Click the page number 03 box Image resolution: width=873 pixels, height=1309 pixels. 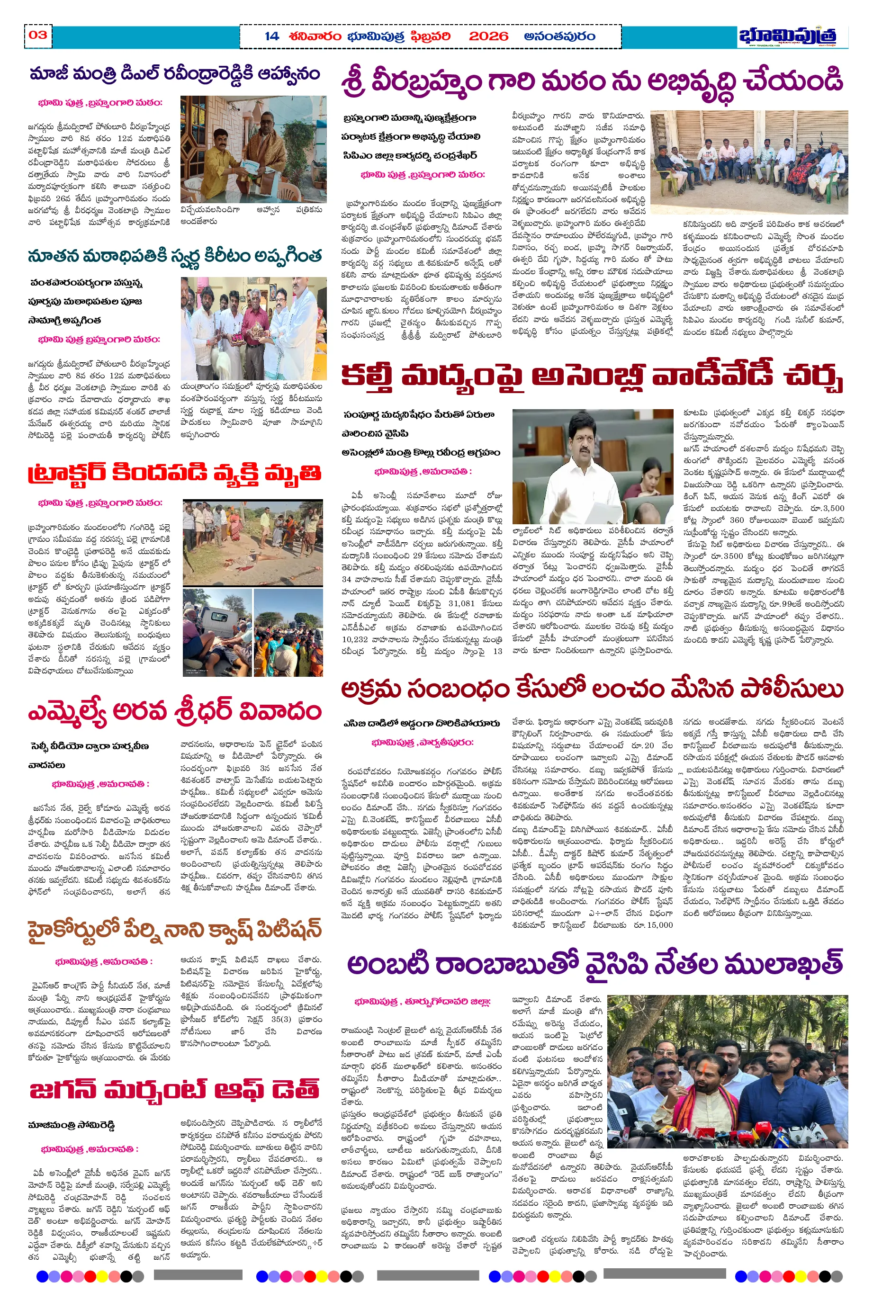click(38, 35)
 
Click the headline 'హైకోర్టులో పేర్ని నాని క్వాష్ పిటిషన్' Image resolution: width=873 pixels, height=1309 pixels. click(174, 930)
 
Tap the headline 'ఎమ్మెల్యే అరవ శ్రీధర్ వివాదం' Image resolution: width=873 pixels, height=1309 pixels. click(174, 711)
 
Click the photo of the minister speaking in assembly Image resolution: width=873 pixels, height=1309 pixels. click(593, 466)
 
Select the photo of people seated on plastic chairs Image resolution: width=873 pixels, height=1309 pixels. click(749, 162)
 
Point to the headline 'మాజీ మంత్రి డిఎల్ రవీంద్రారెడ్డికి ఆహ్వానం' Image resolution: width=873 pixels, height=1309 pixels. click(174, 74)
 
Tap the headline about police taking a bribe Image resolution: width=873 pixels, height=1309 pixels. click(592, 689)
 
